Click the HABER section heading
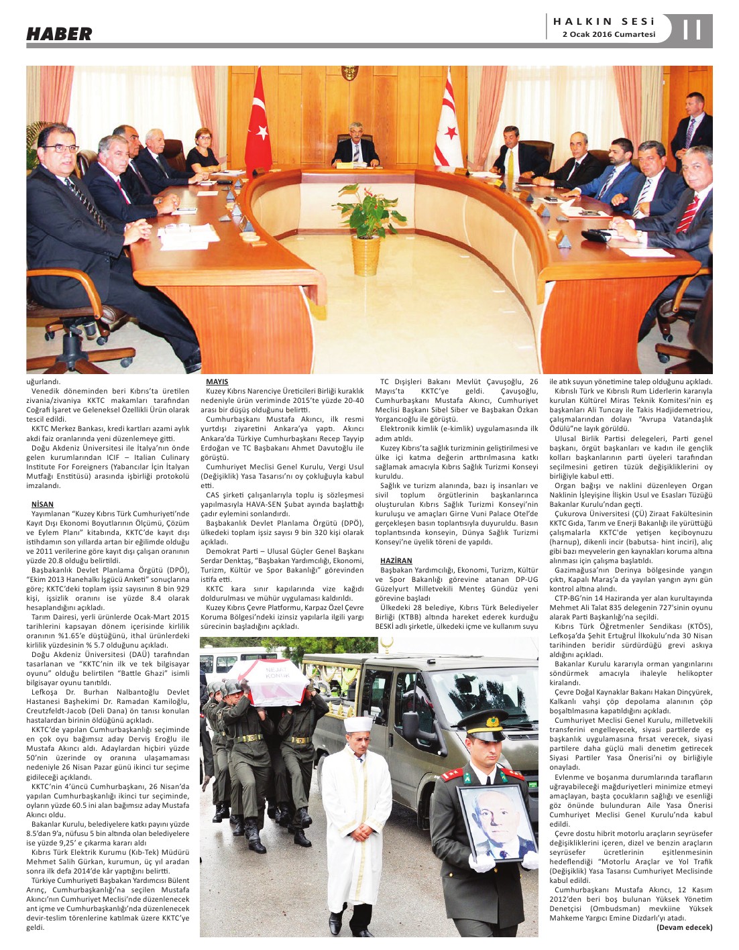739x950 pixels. coord(59,34)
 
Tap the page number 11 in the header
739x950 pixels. coord(691,30)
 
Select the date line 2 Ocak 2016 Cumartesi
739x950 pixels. coord(608,34)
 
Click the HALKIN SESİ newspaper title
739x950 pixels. coord(604,21)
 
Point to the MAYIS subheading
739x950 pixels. coord(217,381)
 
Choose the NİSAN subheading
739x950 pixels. coord(42,503)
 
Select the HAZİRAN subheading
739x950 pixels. coord(396,560)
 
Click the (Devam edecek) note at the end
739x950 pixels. coord(684,927)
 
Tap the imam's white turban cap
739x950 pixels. coord(357,724)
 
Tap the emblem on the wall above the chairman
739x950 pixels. coord(349,72)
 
